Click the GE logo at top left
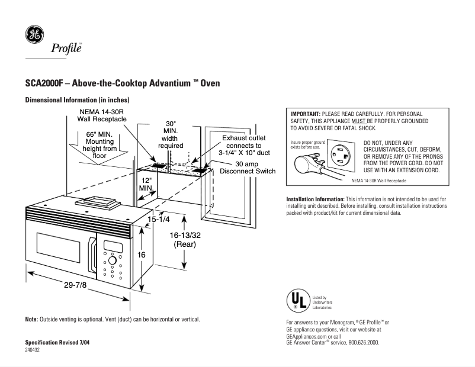pyautogui.click(x=33, y=35)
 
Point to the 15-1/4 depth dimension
pyautogui.click(x=159, y=220)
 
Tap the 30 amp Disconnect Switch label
pyautogui.click(x=248, y=168)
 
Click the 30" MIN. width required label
pyautogui.click(x=170, y=134)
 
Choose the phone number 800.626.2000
pyautogui.click(x=360, y=343)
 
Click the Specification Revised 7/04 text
pyautogui.click(x=58, y=343)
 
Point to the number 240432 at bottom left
pyautogui.click(x=33, y=350)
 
